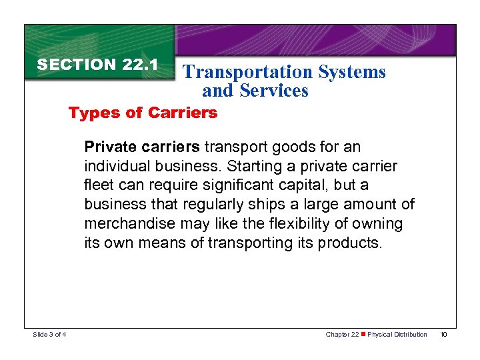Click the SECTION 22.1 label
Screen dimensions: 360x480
[x=97, y=65]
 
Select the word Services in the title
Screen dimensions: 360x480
[x=274, y=91]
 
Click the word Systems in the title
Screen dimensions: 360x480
[x=353, y=72]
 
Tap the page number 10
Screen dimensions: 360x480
[x=444, y=334]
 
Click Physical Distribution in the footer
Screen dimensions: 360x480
[x=397, y=334]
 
